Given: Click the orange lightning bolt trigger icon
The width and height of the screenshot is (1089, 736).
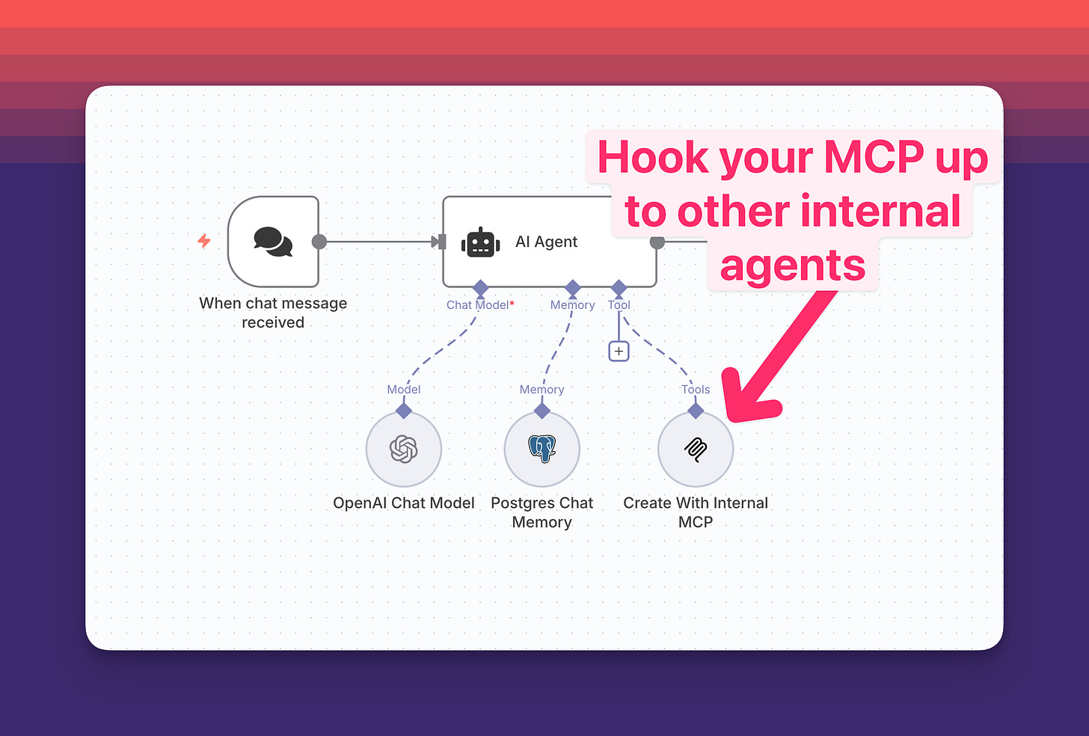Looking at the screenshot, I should [x=204, y=241].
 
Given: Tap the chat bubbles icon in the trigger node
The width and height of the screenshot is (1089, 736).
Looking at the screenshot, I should [x=273, y=242].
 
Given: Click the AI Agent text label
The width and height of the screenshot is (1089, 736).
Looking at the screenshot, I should [x=546, y=242].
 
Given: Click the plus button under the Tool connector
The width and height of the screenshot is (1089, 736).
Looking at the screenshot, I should [x=619, y=351].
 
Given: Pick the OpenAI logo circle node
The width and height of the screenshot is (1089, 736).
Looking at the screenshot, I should [x=404, y=450].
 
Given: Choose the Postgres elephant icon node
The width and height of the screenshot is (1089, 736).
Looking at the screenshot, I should [x=542, y=450].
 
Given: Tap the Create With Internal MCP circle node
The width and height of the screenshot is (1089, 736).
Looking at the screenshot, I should [x=696, y=450].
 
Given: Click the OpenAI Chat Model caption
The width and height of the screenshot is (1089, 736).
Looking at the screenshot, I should [x=404, y=503].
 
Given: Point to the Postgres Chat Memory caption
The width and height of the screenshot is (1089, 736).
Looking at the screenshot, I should [x=542, y=512].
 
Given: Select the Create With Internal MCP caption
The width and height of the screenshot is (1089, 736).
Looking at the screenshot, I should [x=696, y=512].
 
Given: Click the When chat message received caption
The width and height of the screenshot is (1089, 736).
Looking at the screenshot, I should [x=273, y=313].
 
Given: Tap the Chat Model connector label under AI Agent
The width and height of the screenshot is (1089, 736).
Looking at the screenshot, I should [x=478, y=305].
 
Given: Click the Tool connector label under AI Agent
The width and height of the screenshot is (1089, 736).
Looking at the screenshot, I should [x=619, y=305].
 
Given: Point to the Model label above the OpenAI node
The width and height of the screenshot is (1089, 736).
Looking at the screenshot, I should [x=404, y=390].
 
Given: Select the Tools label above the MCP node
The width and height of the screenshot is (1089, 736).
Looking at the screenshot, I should [x=696, y=390].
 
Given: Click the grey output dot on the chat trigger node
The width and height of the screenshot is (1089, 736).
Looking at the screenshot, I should [x=319, y=242].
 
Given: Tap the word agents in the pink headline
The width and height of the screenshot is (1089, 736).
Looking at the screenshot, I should [x=793, y=266].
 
